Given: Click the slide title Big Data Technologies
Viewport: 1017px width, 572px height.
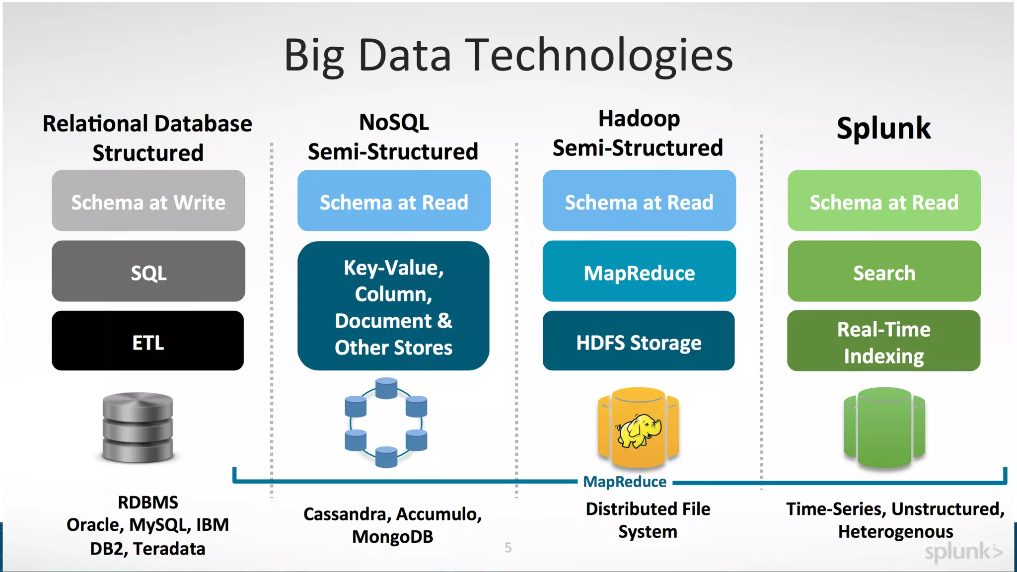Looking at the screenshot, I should coord(508,56).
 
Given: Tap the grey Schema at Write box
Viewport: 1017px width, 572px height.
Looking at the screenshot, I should coord(148,201).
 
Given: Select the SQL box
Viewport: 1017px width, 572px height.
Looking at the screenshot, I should coord(148,272).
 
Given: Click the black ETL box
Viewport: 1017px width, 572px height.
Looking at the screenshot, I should coord(147,341).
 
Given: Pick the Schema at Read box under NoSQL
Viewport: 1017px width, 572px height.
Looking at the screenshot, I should coord(394,201).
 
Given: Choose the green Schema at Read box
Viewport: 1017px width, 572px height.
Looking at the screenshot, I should coord(884,201).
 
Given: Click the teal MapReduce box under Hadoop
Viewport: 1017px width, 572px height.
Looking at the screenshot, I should coord(639,272).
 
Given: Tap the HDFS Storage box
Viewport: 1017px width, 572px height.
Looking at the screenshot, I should coord(639,341).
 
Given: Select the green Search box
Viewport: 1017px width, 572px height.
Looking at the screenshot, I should coord(884,272).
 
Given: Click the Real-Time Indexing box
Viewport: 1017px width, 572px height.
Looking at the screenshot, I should coord(883,341).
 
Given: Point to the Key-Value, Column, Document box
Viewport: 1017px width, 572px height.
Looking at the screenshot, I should coord(393,306).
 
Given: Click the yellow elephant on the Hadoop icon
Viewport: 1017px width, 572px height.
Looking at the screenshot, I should coord(639,430).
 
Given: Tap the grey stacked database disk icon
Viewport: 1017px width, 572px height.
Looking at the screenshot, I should coord(138,427).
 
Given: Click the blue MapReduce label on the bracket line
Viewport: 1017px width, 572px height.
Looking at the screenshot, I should coord(625,482).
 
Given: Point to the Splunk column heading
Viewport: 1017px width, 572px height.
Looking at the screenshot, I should coord(883,128).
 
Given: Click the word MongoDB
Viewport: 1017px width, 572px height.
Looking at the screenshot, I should coord(392,537).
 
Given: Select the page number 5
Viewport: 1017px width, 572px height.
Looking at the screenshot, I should coord(508,548).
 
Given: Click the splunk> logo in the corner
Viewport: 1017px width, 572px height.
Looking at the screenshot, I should coord(963,552).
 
